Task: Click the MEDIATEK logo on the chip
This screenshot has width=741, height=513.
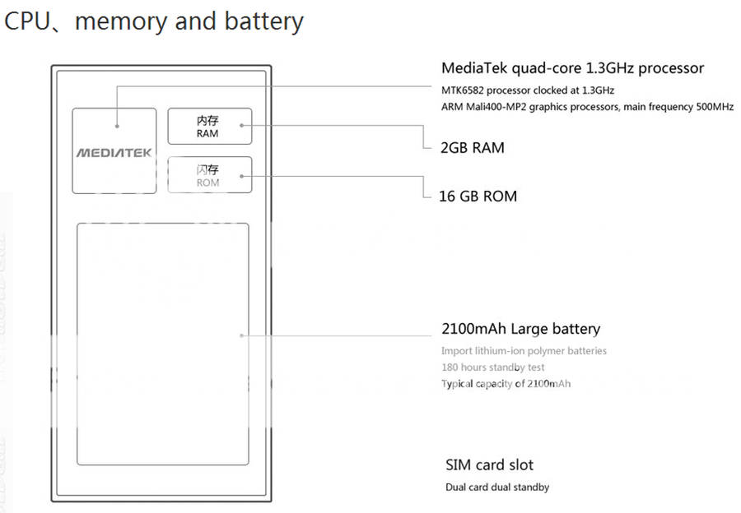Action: click(x=114, y=152)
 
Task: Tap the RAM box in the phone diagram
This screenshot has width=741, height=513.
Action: click(x=209, y=127)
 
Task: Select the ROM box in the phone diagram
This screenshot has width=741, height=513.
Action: click(x=209, y=175)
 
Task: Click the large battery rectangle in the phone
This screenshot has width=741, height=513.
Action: click(x=162, y=344)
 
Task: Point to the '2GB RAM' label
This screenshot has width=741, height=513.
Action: click(x=473, y=148)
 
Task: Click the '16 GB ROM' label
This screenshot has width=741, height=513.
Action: click(x=479, y=196)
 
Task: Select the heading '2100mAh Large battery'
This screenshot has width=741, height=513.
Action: click(x=520, y=329)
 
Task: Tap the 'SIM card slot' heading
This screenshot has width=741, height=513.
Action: click(x=489, y=464)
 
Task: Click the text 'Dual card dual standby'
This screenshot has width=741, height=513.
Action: click(x=497, y=487)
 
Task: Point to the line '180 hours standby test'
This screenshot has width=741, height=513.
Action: click(x=492, y=367)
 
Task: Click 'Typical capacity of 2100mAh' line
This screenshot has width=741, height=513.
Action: click(x=506, y=384)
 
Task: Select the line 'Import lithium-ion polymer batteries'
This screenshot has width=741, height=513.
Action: click(x=524, y=351)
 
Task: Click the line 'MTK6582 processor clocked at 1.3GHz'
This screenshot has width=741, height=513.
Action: click(x=527, y=90)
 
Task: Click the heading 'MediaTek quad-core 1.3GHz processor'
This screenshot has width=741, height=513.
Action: click(x=572, y=68)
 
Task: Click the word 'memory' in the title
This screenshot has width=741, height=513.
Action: click(x=120, y=21)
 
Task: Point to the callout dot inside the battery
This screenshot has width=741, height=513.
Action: click(x=241, y=335)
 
